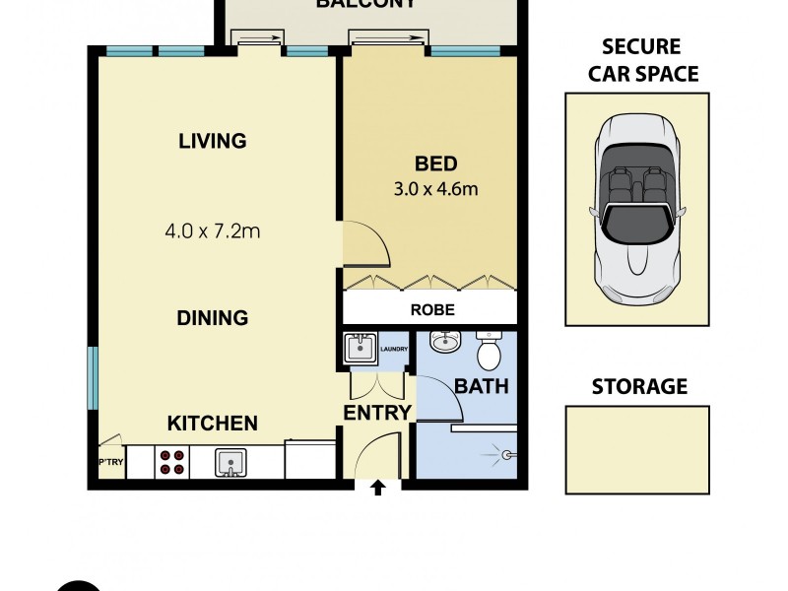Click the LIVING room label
212,141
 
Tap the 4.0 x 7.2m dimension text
212,232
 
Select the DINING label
212,318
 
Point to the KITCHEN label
212,424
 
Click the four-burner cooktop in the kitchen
173,462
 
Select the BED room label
435,164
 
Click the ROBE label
431,308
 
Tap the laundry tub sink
358,350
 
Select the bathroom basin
445,343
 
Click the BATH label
482,386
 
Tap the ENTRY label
376,413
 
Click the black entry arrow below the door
377,488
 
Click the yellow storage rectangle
637,449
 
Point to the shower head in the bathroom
508,454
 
